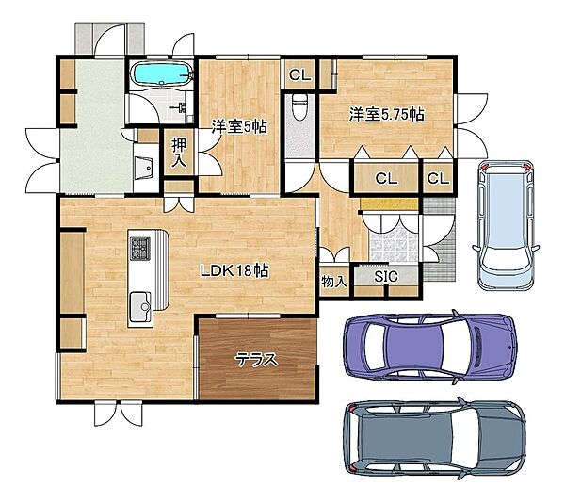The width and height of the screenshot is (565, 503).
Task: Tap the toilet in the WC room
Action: (x=299, y=106)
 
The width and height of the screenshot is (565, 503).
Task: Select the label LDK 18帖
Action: (x=234, y=270)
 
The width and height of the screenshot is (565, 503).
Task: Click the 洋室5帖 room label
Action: (x=239, y=126)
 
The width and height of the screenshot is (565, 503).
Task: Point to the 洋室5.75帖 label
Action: (x=386, y=115)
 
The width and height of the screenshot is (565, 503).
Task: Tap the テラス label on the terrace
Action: (x=256, y=359)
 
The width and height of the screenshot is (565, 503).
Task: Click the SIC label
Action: (x=386, y=276)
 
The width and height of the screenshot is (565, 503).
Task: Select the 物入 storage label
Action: (x=334, y=281)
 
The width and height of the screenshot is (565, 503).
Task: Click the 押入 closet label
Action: (x=179, y=153)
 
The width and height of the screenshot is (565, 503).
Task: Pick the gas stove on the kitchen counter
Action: (x=140, y=249)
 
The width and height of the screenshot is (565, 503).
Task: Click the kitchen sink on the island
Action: (x=140, y=306)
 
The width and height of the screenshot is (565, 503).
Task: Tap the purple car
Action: (x=430, y=348)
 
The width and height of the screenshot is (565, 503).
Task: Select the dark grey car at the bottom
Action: (x=434, y=438)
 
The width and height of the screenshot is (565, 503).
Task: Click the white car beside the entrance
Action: (x=507, y=225)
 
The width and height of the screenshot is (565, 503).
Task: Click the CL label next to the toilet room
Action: (x=299, y=75)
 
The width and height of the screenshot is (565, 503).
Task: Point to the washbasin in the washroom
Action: (x=143, y=168)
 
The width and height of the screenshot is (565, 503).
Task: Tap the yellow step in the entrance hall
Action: (x=389, y=203)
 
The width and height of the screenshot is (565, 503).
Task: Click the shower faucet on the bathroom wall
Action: (x=181, y=107)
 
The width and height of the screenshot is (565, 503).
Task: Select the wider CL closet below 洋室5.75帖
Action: (x=386, y=178)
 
